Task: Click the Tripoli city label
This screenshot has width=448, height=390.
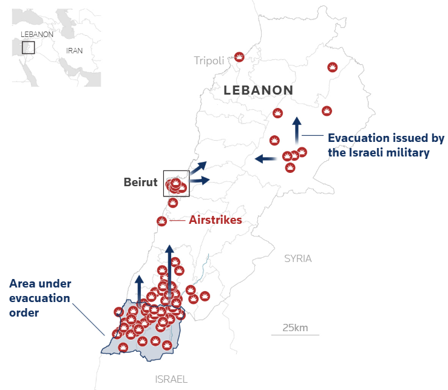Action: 209,60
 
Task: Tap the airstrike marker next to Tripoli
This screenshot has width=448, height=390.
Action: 239,57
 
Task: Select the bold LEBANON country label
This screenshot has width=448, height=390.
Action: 259,90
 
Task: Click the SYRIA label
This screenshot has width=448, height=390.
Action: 297,258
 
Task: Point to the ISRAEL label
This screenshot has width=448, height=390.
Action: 171,379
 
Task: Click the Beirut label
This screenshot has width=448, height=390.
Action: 140,182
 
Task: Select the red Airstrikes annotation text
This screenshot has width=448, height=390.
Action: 215,220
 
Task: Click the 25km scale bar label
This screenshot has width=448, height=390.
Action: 295,328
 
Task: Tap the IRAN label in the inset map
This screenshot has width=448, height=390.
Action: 75,51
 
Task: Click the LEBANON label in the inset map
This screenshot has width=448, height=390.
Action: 37,35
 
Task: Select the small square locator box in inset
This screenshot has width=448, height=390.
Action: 28,47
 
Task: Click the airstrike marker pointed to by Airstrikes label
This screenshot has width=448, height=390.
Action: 162,221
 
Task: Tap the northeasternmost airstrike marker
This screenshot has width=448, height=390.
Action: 332,67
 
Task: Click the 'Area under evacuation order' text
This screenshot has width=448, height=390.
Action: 40,298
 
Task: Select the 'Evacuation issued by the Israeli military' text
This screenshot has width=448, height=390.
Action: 386,146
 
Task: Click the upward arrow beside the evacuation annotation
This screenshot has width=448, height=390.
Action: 296,130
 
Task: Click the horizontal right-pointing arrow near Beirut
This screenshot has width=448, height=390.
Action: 200,180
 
